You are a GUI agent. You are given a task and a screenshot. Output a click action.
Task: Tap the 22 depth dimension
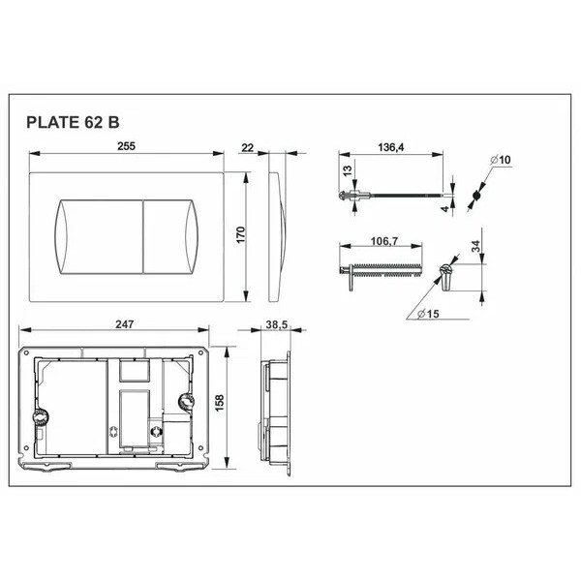248,146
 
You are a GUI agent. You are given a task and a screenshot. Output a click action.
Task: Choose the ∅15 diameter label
428,312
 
